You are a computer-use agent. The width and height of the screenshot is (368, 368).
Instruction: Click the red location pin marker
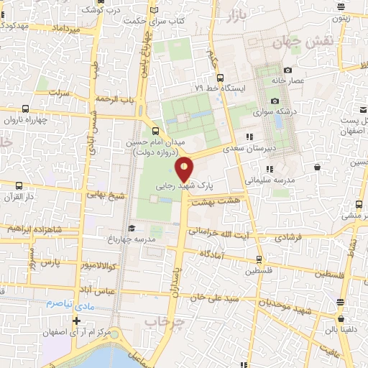[185, 167]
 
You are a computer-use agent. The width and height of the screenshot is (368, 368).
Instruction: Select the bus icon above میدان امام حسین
[156, 131]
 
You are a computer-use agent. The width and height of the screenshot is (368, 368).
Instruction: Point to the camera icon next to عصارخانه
[287, 70]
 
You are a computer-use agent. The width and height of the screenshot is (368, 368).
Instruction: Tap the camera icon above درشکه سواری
[275, 101]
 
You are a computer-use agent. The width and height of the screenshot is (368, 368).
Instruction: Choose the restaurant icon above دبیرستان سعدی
[249, 136]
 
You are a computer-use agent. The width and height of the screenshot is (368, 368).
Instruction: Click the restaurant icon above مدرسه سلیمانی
[259, 169]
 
